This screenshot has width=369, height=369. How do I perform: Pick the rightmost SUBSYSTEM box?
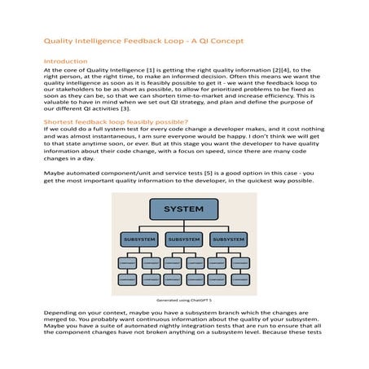tap(230, 240)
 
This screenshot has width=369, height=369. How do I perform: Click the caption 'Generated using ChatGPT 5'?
tap(184, 301)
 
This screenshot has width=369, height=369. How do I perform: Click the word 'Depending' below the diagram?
tap(60, 314)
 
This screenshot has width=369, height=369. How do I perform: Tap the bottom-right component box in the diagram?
tap(242, 279)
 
